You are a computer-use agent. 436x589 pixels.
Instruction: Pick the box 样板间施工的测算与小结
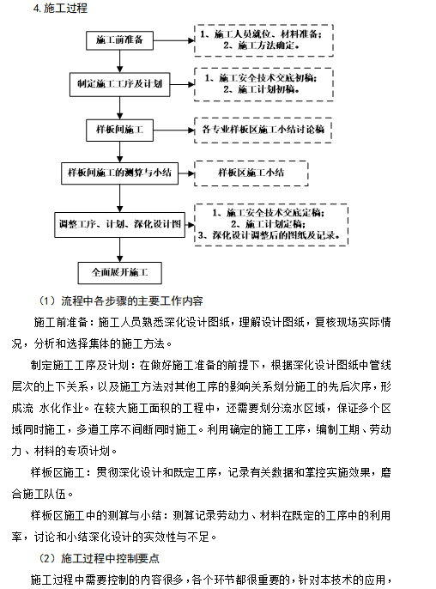[x=120, y=173]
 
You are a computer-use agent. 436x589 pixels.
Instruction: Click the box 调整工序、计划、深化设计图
[x=120, y=223]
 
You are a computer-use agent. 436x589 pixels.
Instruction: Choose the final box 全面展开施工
[x=120, y=273]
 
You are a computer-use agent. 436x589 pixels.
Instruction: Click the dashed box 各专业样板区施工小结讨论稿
[x=263, y=129]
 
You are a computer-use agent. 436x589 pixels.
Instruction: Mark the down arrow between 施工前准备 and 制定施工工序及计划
[x=120, y=62]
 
